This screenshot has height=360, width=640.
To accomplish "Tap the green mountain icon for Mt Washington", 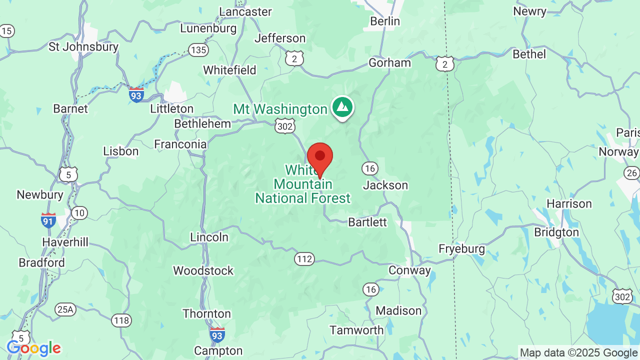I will coord(342,107).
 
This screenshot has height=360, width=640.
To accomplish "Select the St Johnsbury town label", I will coord(83,47).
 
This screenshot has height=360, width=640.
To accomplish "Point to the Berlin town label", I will coord(385,21).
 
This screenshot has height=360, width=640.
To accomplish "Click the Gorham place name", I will coord(389,62).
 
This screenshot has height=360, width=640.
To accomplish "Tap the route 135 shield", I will coord(198,49).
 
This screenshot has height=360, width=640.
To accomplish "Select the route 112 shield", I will coord(304,258).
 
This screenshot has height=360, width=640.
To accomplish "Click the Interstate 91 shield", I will coord(48,220).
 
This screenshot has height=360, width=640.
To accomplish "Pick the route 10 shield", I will coord(78,213).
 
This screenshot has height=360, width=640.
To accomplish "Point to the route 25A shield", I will coord(65,309).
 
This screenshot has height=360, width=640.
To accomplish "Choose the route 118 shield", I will coord(121,320).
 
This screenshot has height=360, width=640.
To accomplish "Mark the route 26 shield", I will coord(631,173).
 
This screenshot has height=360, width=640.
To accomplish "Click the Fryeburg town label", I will coord(461,248).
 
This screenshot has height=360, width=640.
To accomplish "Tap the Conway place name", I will coord(410,270).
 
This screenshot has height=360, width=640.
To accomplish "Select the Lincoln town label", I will coord(209,237).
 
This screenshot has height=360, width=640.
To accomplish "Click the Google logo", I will coord(33,348).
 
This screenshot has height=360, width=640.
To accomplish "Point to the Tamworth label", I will coord(356,330).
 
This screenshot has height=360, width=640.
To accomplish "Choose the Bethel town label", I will coord(529,53).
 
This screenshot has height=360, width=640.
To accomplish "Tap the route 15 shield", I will coord(6,31).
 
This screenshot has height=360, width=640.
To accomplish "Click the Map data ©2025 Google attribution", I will coord(579,353).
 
